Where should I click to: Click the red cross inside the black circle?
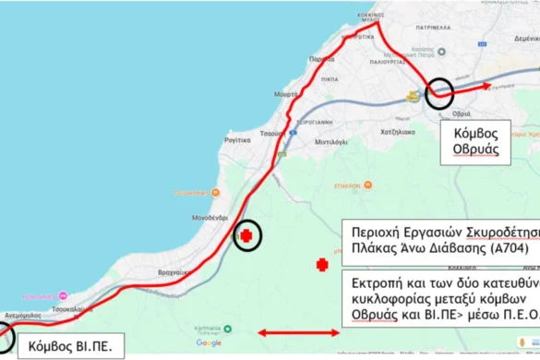(x=246, y=236)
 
